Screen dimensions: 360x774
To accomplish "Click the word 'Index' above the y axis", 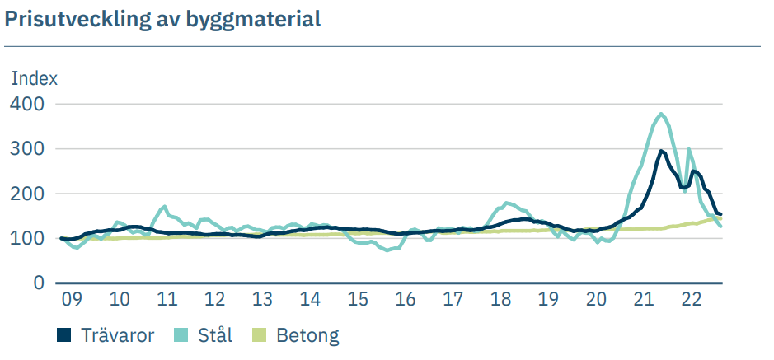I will [x=34, y=79].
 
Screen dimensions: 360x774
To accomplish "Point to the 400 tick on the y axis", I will [x=27, y=104].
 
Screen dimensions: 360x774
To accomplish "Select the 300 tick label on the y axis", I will [x=27, y=149].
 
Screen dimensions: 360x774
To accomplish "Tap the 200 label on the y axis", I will [x=27, y=194].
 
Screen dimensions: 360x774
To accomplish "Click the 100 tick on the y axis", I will [x=27, y=238].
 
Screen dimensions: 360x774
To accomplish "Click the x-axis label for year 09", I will [x=72, y=299].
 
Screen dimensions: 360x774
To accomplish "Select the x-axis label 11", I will [x=168, y=299].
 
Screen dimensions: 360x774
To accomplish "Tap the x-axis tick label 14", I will [x=310, y=299].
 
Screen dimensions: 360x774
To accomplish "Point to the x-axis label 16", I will [x=405, y=299].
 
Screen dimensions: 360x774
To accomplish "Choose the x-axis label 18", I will [x=500, y=299].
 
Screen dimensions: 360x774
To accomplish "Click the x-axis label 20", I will [x=595, y=299].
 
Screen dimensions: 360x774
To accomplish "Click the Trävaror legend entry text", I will [x=118, y=335].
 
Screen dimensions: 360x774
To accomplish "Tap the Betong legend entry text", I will [x=307, y=335].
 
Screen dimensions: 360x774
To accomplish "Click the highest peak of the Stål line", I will [x=662, y=114].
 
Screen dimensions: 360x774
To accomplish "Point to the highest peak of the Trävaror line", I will [x=661, y=151].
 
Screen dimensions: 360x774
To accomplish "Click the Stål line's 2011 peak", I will [x=165, y=207].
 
